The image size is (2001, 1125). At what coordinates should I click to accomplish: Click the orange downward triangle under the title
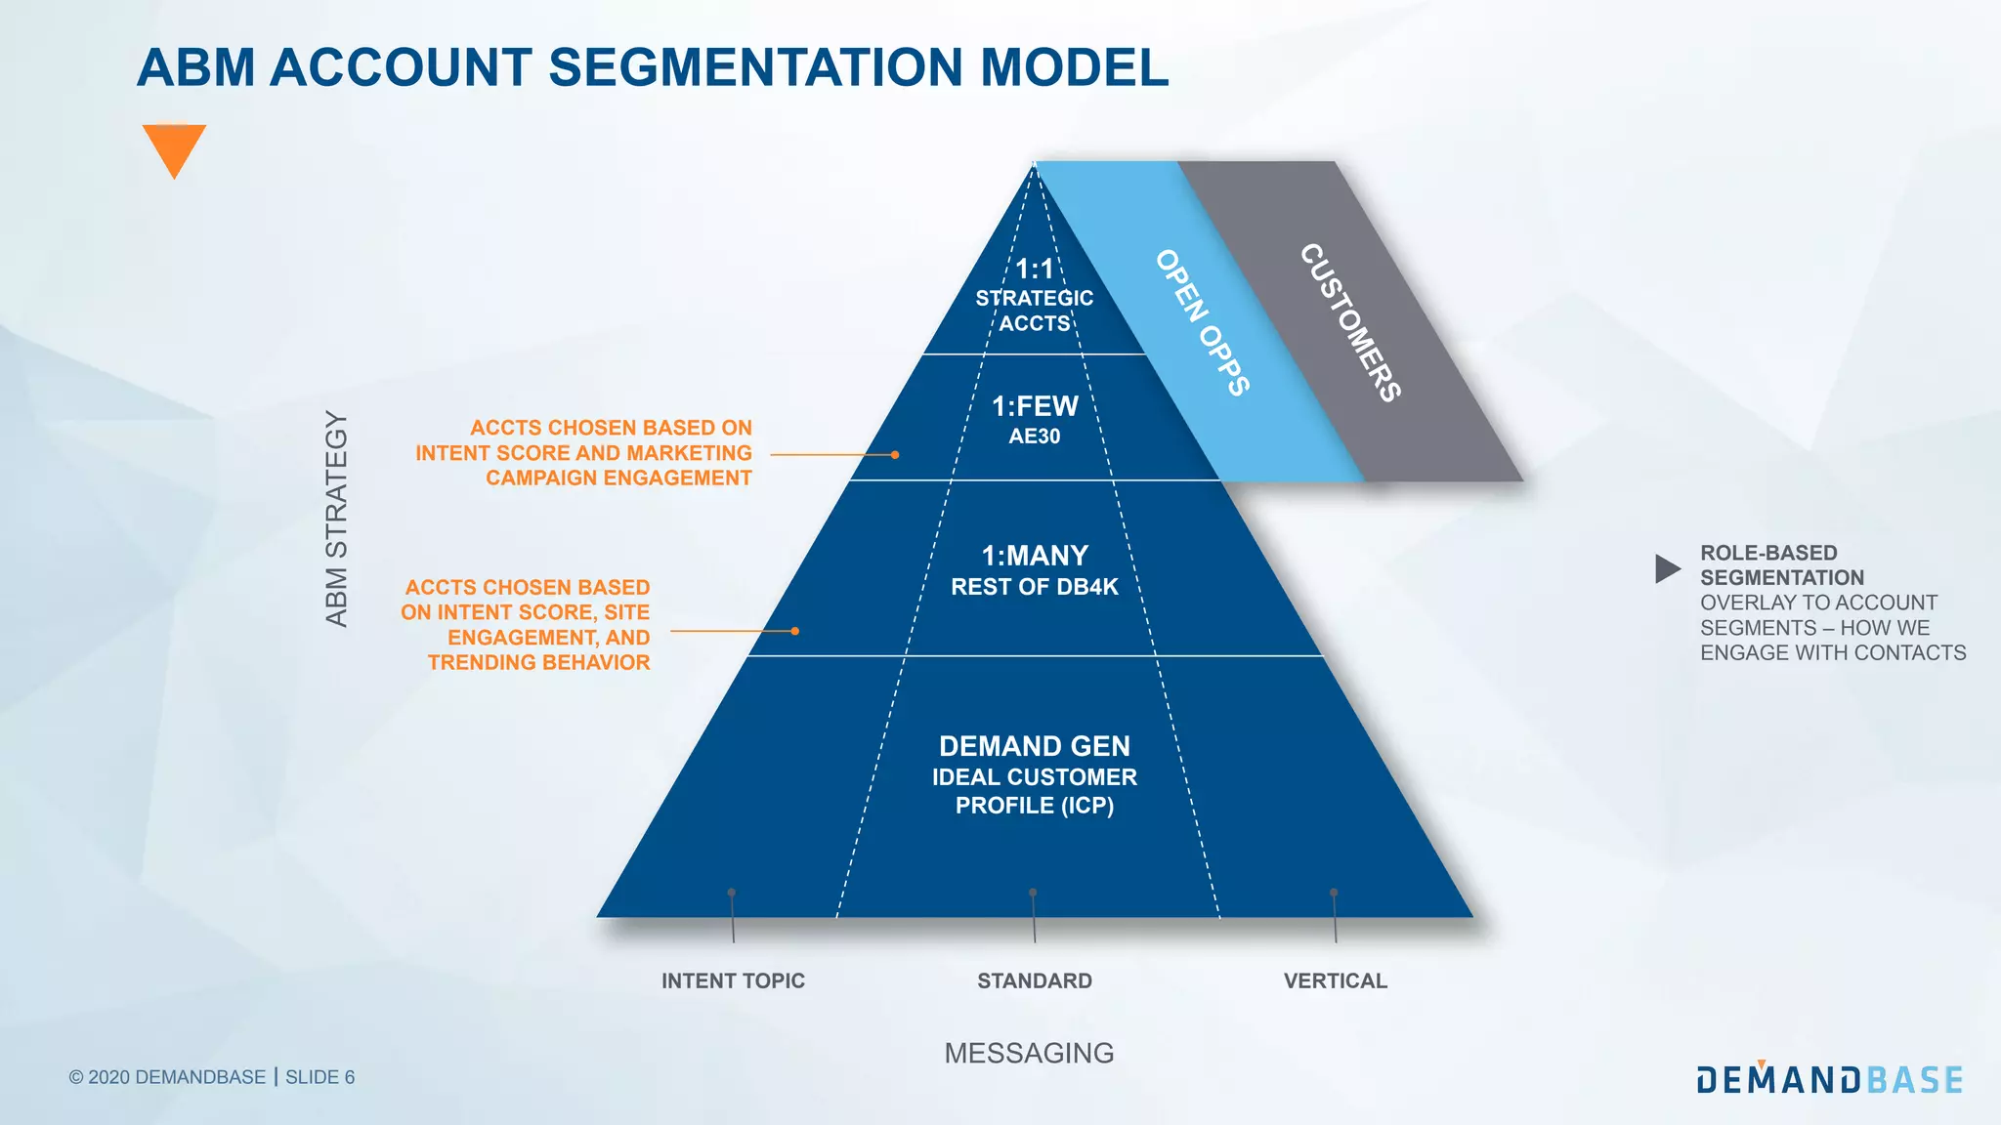coord(174,146)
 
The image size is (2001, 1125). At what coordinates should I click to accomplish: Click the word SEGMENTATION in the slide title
coord(755,67)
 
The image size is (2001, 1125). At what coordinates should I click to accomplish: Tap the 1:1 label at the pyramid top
coord(1034,269)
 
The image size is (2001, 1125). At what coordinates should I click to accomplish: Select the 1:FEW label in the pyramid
coord(1035,406)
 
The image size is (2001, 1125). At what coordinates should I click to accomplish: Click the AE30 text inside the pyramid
coord(1034,437)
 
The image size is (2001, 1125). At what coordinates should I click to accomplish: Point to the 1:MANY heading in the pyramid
coord(1034,556)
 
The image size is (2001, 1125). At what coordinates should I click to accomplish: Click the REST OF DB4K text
coord(1034,587)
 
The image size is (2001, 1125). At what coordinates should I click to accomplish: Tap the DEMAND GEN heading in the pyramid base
coord(1034,746)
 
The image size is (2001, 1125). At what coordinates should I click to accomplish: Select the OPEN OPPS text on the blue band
coord(1202,322)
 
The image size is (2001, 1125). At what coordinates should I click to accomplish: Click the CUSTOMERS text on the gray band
coord(1350,322)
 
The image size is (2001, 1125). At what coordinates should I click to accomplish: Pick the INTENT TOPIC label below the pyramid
coord(733,980)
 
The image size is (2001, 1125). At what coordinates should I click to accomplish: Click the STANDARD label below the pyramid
coord(1034,980)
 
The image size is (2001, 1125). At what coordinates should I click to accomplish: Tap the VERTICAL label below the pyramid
coord(1335,980)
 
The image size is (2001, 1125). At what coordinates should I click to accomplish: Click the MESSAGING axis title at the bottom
coord(1029,1053)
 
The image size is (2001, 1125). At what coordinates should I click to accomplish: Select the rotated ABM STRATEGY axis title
coord(336,519)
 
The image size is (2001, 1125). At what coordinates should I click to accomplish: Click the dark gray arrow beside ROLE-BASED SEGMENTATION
coord(1666,568)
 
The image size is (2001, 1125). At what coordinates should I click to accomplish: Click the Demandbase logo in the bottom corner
coord(1829,1078)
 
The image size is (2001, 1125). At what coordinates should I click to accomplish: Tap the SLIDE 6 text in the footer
coord(319,1077)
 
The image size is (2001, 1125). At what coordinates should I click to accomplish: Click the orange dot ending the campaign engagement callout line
coord(895,454)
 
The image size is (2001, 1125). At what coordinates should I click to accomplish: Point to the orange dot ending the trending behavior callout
coord(795,631)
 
